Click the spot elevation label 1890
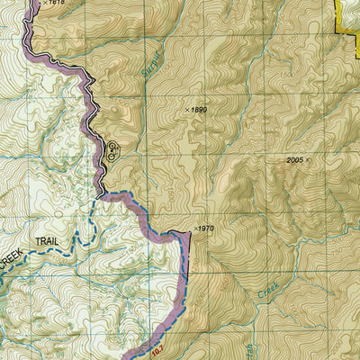199,110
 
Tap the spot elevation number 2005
293,159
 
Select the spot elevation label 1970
206,229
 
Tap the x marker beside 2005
308,159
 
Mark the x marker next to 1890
187,110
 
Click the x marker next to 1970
193,229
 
